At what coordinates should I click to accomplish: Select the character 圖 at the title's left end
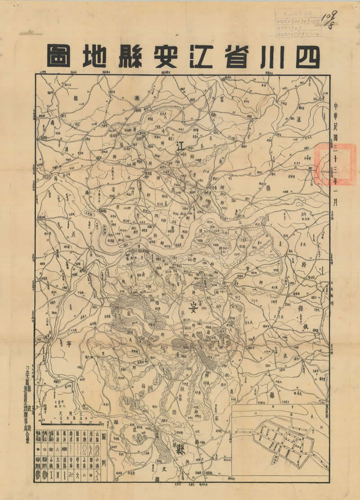[x=58, y=56]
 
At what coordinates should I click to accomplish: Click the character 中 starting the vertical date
[x=337, y=106]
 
